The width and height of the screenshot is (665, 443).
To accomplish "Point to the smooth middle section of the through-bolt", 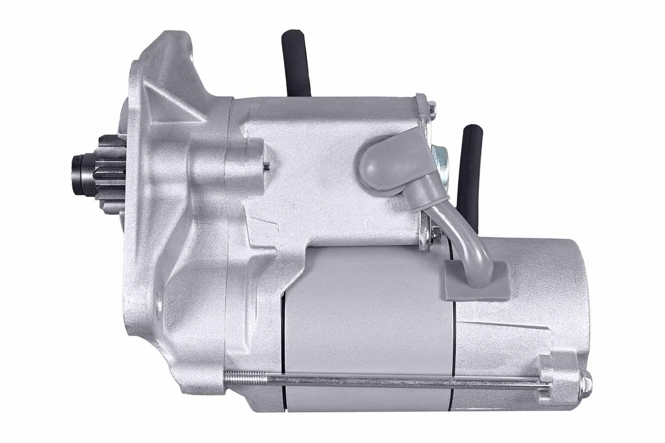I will tap(399, 382).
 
